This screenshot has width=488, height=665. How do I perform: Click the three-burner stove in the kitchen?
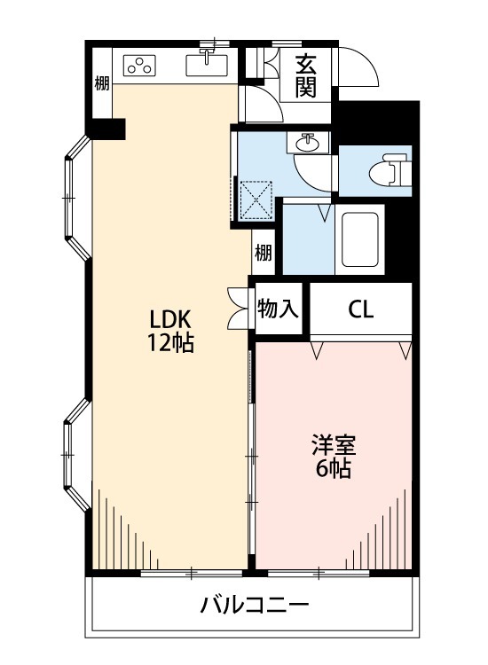tap(140, 66)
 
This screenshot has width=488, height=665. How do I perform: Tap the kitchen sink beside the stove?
tap(206, 66)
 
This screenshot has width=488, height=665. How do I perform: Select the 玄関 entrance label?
tap(306, 76)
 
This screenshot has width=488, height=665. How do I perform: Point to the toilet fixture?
tap(390, 170)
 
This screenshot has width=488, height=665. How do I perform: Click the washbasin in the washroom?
tap(308, 143)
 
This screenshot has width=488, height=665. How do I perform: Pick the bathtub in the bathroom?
tap(360, 239)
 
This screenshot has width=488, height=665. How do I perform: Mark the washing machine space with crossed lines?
tap(256, 199)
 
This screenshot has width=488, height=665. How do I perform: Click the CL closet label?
tap(361, 309)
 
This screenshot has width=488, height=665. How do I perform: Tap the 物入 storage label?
tap(278, 309)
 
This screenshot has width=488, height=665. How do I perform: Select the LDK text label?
tap(170, 319)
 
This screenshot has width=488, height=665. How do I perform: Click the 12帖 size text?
tap(170, 342)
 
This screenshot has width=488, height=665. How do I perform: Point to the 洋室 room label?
tap(334, 445)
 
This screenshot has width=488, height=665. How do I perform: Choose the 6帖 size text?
tap(334, 468)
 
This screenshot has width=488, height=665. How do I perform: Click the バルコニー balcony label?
tap(255, 606)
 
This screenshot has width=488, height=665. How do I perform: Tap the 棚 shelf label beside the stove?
tap(102, 83)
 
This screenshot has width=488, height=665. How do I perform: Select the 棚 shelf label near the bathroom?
tap(264, 254)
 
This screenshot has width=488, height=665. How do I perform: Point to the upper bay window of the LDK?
tap(77, 198)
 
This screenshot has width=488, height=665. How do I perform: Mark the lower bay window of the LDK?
tap(77, 454)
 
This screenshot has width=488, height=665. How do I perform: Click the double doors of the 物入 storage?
tap(238, 309)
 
